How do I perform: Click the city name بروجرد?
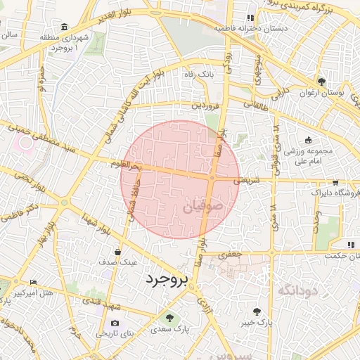click(167, 279)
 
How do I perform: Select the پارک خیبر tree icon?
click(256, 310)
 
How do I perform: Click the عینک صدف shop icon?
click(117, 251)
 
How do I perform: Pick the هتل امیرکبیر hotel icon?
click(33, 283)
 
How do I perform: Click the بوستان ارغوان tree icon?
click(321, 81)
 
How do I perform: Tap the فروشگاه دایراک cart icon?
click(335, 181)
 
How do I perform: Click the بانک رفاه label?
click(197, 74)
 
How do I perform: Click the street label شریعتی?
click(246, 181)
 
